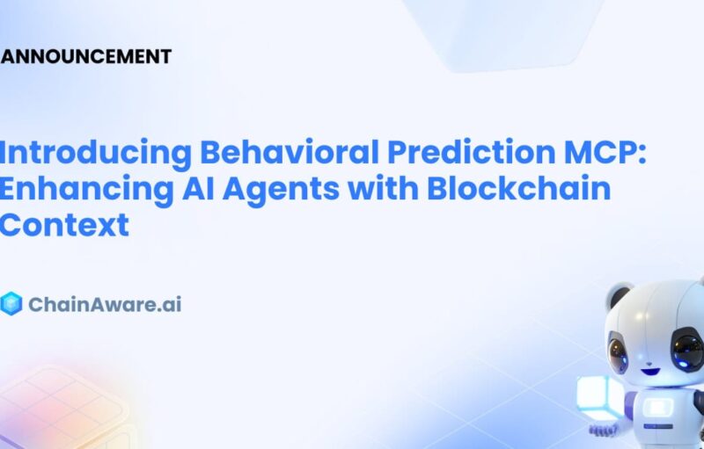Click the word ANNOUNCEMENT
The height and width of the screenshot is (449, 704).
click(x=85, y=57)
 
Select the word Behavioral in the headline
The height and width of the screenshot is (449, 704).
click(x=290, y=152)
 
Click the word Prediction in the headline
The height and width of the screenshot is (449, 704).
click(x=471, y=152)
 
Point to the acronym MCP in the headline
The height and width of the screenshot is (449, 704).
click(x=600, y=152)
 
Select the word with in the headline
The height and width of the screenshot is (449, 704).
click(x=383, y=188)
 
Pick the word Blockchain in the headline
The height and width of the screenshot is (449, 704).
click(x=518, y=188)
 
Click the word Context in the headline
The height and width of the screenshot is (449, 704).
click(x=64, y=225)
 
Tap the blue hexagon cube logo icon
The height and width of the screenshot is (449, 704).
click(x=11, y=304)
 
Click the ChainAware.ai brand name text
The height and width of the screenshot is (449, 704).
click(x=105, y=305)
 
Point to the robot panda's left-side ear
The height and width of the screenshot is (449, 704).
click(x=619, y=297)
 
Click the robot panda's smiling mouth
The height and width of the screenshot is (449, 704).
click(x=649, y=372)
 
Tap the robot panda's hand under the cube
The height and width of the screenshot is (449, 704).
click(x=604, y=431)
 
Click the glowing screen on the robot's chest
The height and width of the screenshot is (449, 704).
click(x=657, y=409)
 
